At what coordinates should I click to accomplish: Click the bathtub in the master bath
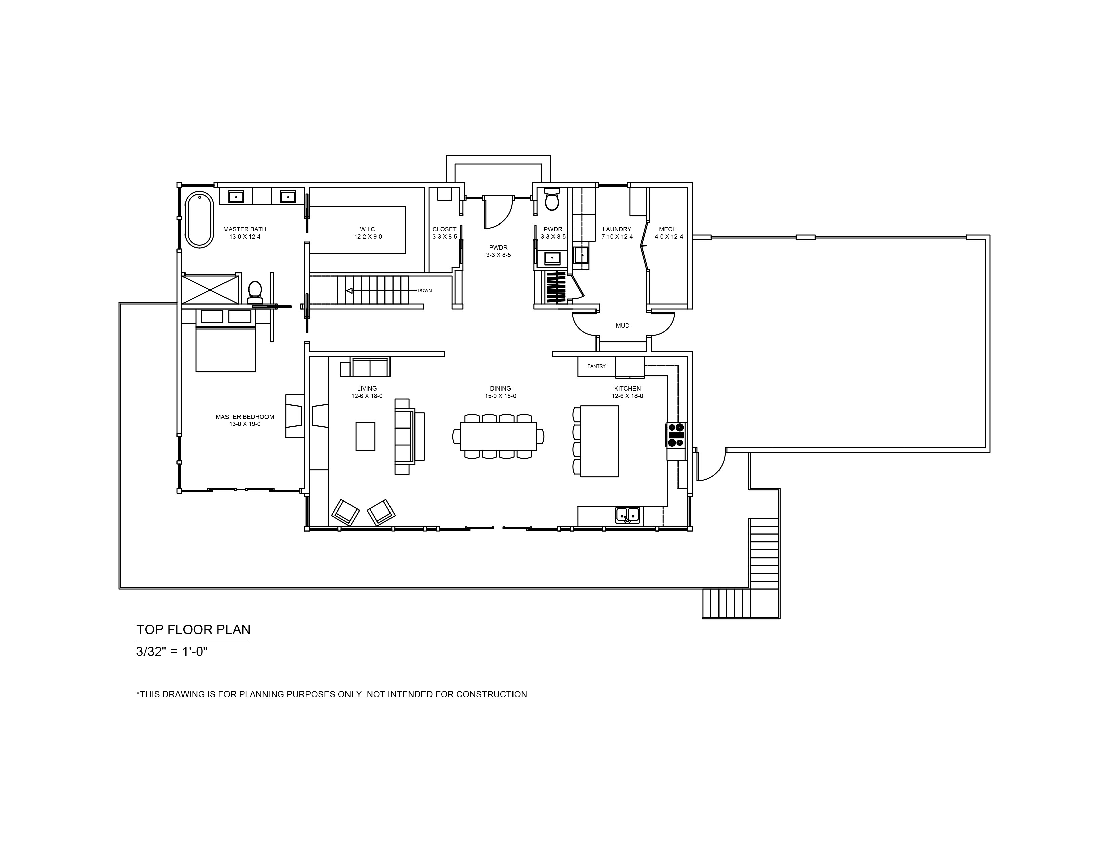[x=199, y=220]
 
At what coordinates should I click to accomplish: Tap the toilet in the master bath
[x=255, y=292]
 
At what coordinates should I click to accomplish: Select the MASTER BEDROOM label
[x=245, y=417]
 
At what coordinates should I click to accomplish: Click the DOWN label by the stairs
[x=424, y=290]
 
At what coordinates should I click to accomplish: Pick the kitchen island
[x=600, y=441]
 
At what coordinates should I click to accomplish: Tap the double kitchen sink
[x=628, y=515]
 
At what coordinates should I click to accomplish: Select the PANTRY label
[x=597, y=366]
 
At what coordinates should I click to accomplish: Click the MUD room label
[x=622, y=325]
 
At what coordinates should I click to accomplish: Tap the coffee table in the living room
[x=366, y=436]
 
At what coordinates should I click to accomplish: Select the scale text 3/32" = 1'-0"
[x=172, y=651]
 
